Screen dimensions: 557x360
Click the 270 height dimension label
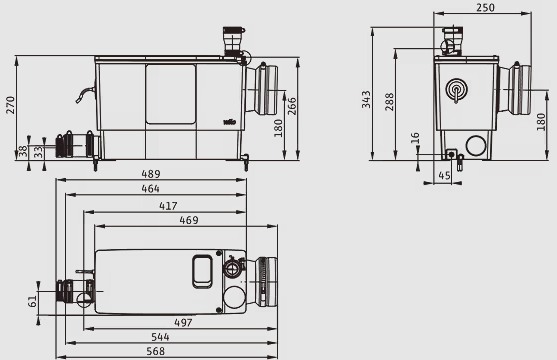click(11, 105)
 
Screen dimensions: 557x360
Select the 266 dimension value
click(292, 106)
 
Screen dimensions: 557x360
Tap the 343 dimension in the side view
click(366, 99)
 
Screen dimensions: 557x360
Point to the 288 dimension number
click(390, 102)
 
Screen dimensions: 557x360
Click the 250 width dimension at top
click(485, 7)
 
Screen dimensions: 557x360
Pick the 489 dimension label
click(151, 174)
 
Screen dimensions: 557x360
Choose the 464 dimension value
click(150, 188)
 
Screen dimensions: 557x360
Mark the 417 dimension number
click(168, 206)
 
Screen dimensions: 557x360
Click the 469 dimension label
click(189, 220)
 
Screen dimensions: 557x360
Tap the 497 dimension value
click(183, 323)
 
